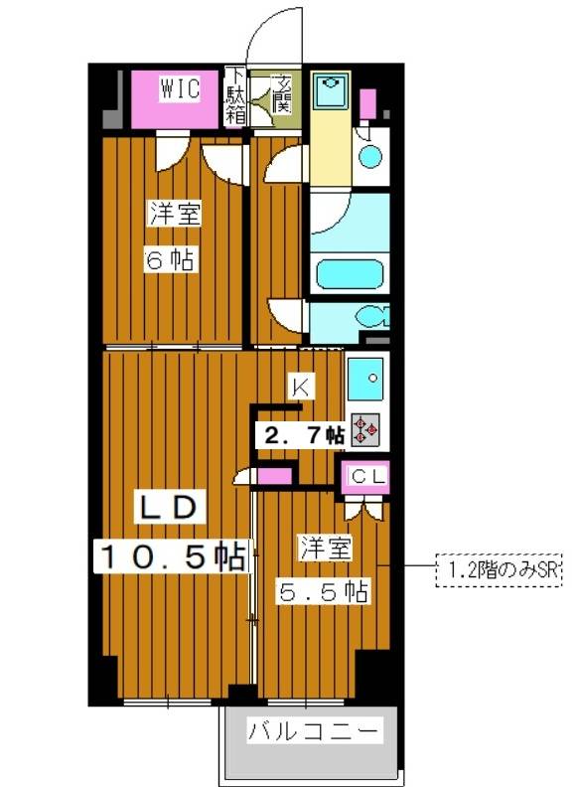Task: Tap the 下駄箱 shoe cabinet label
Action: (235, 95)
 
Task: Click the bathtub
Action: (349, 272)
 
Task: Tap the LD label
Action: (170, 507)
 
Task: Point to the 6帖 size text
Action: (170, 260)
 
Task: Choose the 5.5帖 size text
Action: (325, 591)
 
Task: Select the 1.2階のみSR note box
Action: (500, 569)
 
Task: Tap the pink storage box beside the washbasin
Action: (368, 102)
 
